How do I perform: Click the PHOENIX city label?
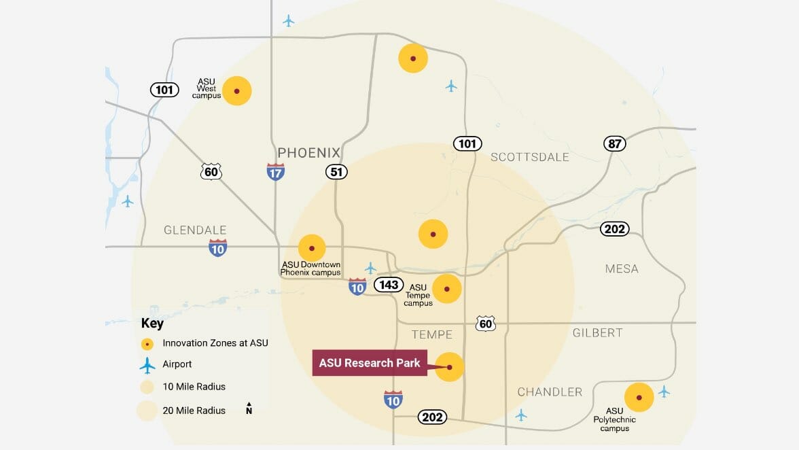[308, 152]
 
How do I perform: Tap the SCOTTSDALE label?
[530, 157]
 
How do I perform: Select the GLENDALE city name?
[195, 230]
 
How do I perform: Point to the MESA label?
[622, 269]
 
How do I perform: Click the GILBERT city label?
[597, 332]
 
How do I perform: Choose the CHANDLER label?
[550, 392]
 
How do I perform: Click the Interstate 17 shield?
[275, 171]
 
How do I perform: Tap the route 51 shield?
[336, 171]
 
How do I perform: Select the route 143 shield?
[388, 284]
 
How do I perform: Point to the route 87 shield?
[614, 143]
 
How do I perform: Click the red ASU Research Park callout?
[370, 363]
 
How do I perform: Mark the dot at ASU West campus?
[236, 91]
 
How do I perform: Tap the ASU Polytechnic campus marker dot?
[639, 398]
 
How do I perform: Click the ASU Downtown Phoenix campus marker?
[312, 248]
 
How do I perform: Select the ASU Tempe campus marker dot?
[446, 289]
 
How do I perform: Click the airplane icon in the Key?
[147, 365]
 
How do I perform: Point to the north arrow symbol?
[249, 408]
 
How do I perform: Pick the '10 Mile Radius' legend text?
[194, 387]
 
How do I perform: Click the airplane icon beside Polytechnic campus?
[664, 392]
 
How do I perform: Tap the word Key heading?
[152, 324]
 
